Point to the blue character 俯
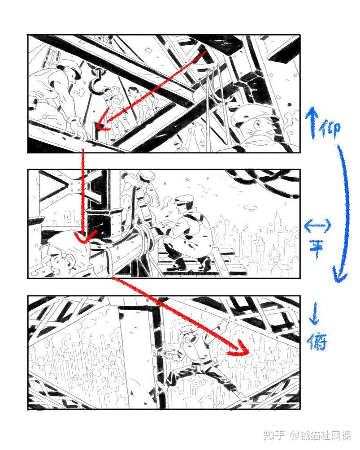(x=317, y=342)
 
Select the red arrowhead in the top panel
(x=102, y=120)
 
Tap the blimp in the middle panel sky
(x=247, y=206)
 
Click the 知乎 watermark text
(x=274, y=435)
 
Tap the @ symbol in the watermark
(x=294, y=435)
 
